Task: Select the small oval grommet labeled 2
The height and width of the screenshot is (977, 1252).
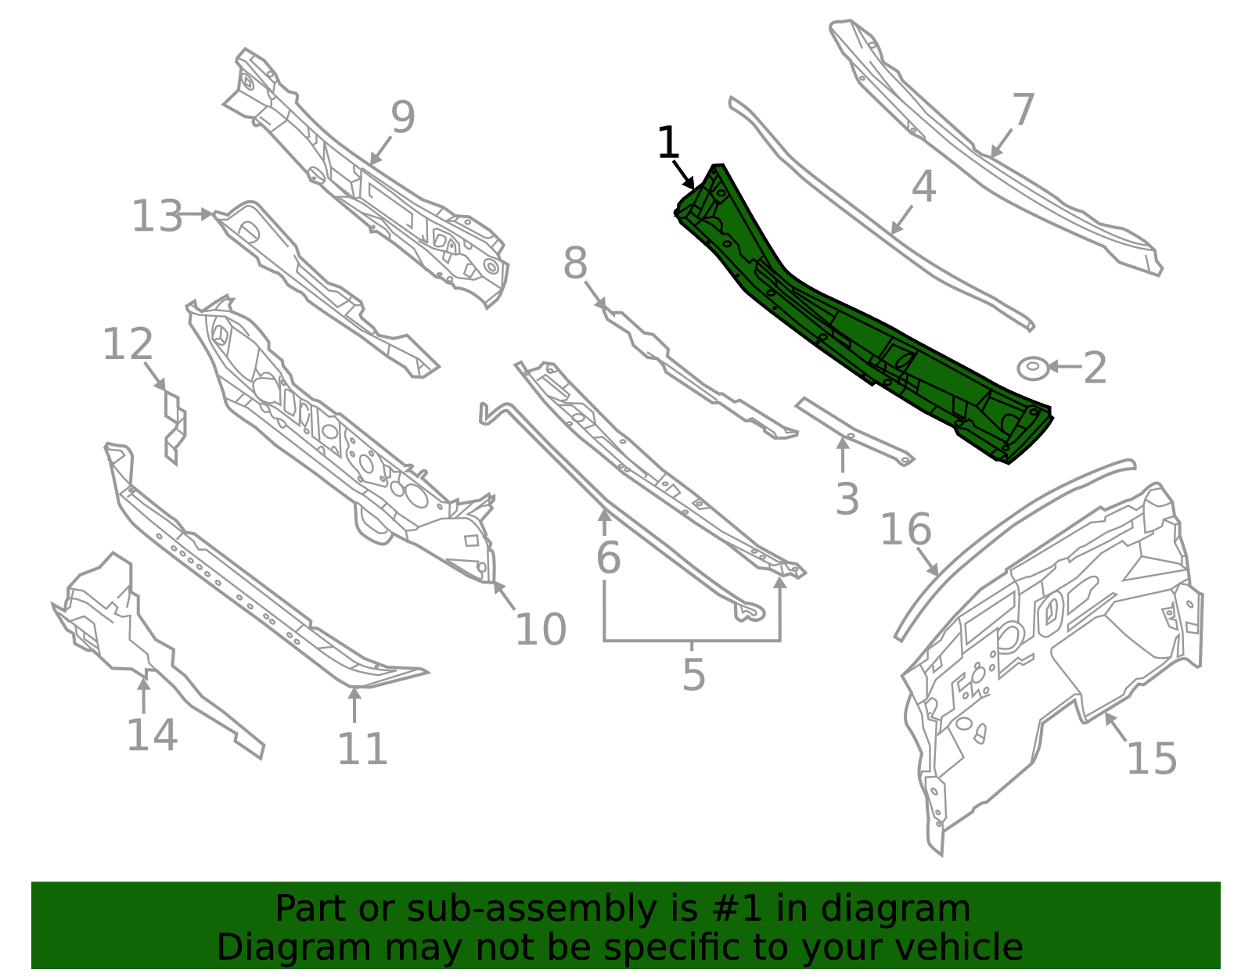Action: [x=1032, y=368]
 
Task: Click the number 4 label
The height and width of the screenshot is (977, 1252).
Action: [x=924, y=186]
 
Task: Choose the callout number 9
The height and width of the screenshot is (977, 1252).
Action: [x=403, y=117]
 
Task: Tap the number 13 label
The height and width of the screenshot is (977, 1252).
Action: [x=157, y=216]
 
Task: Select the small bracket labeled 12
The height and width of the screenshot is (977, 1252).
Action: [x=175, y=426]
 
